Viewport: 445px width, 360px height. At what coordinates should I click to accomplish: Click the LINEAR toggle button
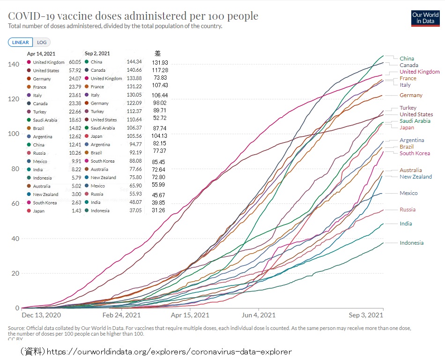tap(21, 42)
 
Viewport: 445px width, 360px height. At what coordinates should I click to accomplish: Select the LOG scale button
tap(42, 42)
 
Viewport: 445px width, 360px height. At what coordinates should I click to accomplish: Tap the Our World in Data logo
tap(425, 18)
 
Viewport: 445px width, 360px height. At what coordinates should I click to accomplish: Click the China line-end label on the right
tap(407, 59)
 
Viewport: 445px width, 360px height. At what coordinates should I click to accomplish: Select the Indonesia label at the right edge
tap(411, 243)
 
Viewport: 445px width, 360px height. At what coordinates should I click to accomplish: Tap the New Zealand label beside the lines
tap(415, 177)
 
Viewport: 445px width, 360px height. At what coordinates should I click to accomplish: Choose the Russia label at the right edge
tap(408, 210)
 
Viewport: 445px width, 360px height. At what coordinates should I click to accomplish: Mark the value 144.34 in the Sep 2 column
tap(134, 62)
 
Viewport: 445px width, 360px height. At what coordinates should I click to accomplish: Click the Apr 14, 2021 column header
tap(41, 53)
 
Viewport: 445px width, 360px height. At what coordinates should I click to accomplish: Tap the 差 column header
tap(157, 53)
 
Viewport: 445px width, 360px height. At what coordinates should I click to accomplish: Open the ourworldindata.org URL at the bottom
tap(169, 351)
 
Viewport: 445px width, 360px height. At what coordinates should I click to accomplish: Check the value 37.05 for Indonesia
tap(134, 210)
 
